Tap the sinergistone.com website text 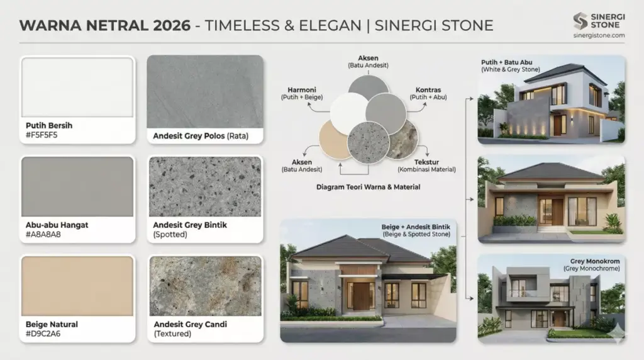tap(599, 35)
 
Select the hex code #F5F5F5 tap(42, 134)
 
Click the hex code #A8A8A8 tap(42, 233)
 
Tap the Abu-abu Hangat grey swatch tap(77, 186)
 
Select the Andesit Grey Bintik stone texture tap(205, 186)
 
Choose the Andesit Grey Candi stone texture tap(205, 286)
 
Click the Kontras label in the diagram tap(428, 89)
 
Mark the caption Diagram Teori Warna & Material tap(367, 187)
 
